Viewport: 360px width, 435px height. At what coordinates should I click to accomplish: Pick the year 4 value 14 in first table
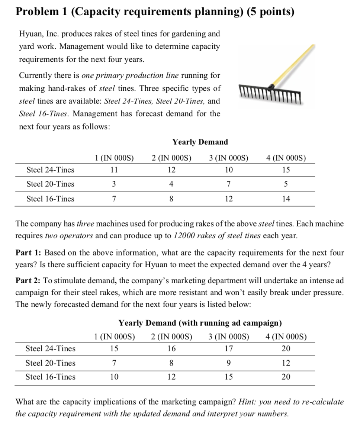coord(286,199)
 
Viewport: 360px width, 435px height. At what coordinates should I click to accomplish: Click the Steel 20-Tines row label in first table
coord(50,184)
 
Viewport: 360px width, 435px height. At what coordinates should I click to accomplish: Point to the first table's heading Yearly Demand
coord(200,142)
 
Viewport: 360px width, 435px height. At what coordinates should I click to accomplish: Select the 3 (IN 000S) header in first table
coord(229,157)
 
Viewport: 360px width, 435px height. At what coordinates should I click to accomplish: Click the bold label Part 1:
coord(28,253)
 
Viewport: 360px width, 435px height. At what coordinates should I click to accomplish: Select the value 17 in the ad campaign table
coord(229,349)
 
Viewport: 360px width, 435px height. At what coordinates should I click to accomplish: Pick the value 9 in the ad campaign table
coord(229,363)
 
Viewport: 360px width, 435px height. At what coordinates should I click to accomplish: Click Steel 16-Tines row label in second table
coord(50,377)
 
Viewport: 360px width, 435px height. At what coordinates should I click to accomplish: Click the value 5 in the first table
coord(286,184)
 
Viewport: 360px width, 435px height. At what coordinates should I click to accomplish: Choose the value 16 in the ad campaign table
coord(171,349)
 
